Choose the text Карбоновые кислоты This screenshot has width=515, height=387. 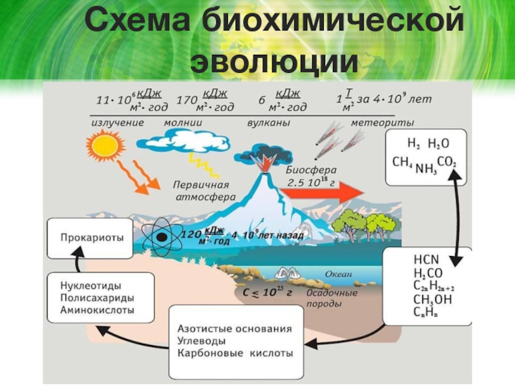(234, 353)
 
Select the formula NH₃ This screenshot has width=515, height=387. (425, 168)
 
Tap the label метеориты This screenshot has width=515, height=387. (382, 122)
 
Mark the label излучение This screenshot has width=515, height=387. (117, 122)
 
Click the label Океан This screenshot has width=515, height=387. (339, 274)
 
